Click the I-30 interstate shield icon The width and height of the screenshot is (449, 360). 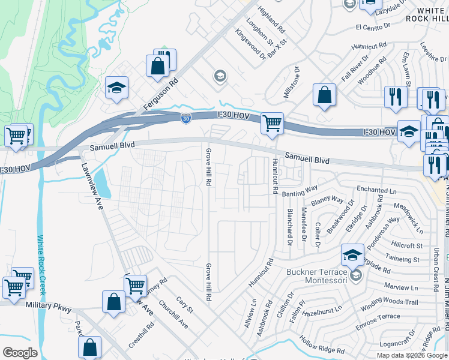tap(187, 118)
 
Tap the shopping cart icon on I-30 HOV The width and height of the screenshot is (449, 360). tap(273, 123)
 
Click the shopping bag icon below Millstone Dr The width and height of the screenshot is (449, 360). tap(324, 95)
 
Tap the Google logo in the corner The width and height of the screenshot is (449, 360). tap(20, 353)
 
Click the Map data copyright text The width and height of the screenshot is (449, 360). tap(411, 355)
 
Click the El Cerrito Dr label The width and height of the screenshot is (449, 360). tap(373, 27)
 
